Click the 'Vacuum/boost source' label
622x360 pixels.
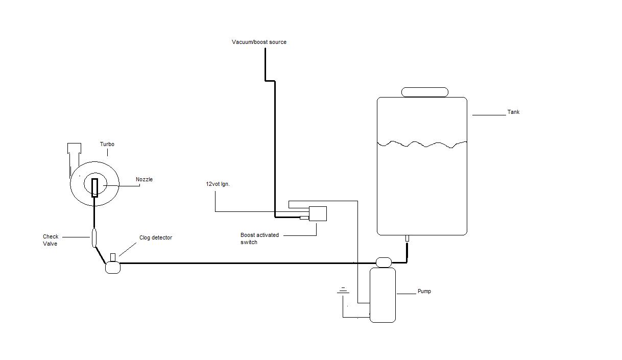(x=259, y=42)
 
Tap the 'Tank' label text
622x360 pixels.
(x=513, y=112)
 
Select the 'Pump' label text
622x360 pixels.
(x=424, y=292)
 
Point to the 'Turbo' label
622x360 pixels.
(x=107, y=144)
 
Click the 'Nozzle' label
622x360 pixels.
(x=144, y=179)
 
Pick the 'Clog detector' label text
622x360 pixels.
(x=156, y=237)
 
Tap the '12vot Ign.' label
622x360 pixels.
(x=218, y=184)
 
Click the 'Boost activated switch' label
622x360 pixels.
(x=259, y=238)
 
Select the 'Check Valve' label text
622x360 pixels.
(x=51, y=240)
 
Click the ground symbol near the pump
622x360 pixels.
(x=343, y=291)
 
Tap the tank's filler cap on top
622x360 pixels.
(x=425, y=92)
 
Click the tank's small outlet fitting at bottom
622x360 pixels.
(x=407, y=238)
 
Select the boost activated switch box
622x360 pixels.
(x=318, y=214)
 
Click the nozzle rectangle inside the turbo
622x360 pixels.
(x=94, y=188)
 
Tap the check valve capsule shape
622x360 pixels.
(x=94, y=237)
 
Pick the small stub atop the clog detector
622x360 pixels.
(x=113, y=257)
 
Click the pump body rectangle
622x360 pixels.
(x=382, y=295)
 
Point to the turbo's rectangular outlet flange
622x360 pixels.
(x=75, y=148)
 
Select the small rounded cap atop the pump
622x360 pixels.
(x=384, y=262)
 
